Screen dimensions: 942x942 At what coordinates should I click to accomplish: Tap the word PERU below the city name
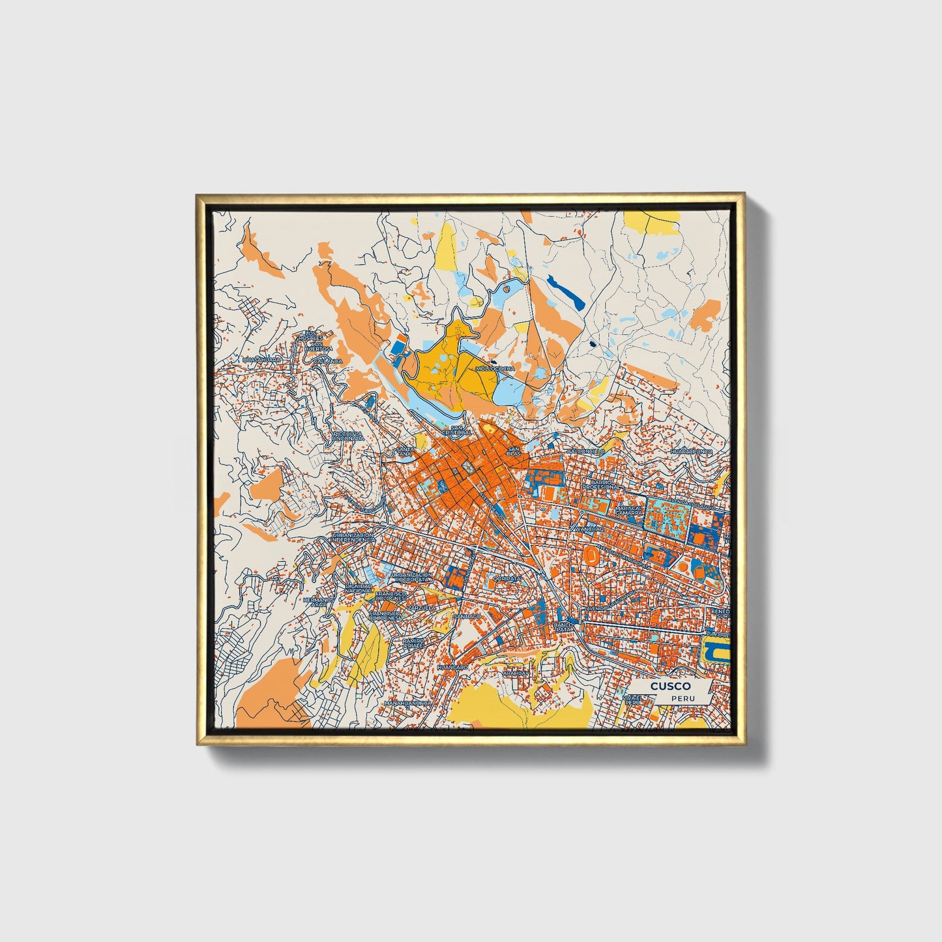[x=684, y=698]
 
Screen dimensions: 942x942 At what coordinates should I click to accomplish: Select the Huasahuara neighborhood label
[x=261, y=359]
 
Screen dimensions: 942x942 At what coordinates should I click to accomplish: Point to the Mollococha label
[x=495, y=368]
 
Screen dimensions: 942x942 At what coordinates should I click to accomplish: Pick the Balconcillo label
[x=585, y=451]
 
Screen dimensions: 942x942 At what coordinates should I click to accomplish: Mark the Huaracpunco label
[x=691, y=451]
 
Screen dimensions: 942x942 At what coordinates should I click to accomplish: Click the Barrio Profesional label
[x=600, y=484]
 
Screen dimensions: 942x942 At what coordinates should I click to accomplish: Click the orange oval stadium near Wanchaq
[x=591, y=555]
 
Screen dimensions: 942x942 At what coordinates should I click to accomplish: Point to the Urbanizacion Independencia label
[x=353, y=537]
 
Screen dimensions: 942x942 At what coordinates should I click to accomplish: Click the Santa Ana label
[x=404, y=452]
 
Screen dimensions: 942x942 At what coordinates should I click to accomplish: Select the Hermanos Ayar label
[x=318, y=602]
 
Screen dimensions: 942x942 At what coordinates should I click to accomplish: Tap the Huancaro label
[x=452, y=668]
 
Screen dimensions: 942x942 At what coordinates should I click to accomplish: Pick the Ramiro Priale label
[x=413, y=643]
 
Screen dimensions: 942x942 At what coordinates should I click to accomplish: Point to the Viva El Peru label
[x=632, y=700]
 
